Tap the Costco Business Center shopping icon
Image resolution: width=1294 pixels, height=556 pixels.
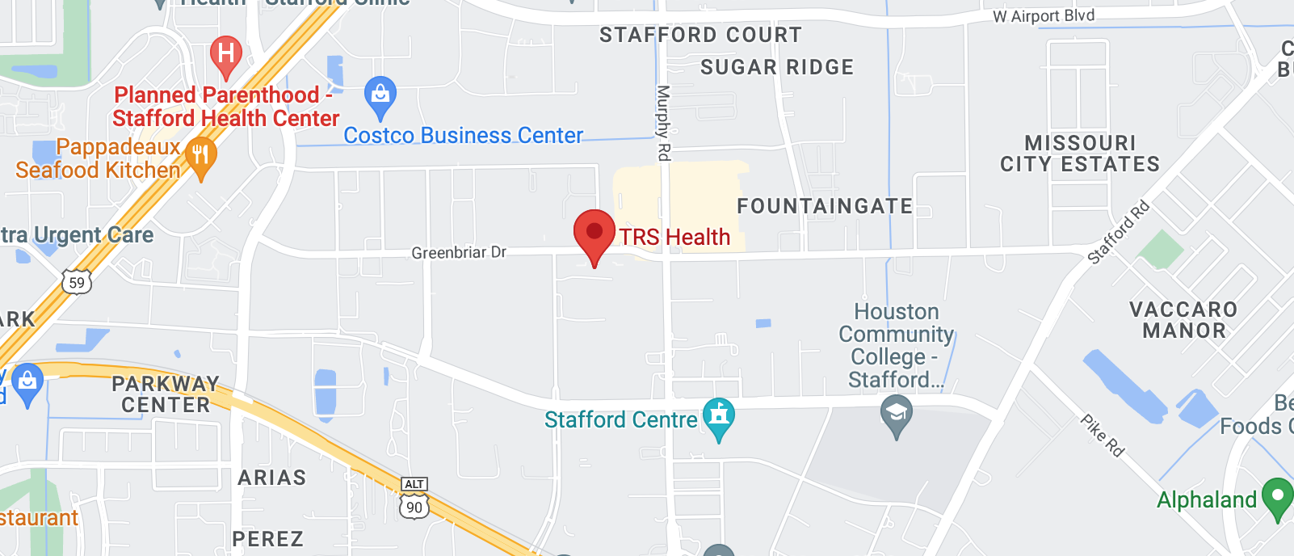click(x=380, y=96)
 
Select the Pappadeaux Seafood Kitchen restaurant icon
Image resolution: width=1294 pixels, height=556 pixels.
click(x=200, y=156)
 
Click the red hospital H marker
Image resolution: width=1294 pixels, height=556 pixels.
click(x=226, y=56)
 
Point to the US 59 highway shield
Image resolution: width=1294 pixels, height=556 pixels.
click(x=77, y=282)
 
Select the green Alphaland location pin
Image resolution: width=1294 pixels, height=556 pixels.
click(x=1277, y=498)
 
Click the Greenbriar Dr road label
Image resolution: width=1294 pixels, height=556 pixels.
click(x=459, y=253)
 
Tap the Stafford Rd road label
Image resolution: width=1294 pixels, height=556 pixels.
click(x=1118, y=233)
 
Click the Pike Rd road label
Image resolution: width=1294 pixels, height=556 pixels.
click(x=1103, y=436)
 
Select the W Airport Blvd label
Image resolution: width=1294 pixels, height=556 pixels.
click(x=1044, y=16)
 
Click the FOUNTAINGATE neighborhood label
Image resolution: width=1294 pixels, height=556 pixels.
click(x=825, y=207)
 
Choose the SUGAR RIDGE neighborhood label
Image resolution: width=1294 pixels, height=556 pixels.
click(x=777, y=67)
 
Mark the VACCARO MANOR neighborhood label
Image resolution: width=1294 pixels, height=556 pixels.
click(x=1183, y=320)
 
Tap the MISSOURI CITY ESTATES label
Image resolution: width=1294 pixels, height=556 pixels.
click(x=1080, y=154)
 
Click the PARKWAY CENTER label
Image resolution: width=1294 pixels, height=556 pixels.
click(x=166, y=394)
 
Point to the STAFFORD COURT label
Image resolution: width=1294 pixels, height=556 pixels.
click(x=700, y=35)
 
